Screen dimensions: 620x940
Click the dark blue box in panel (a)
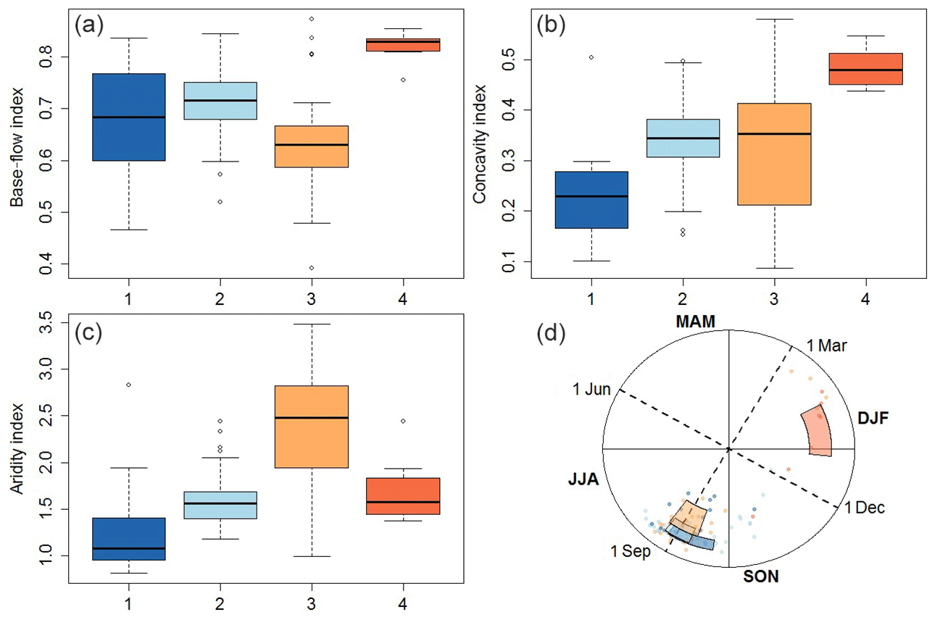(129, 117)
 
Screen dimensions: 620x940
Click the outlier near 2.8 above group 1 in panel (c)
(128, 385)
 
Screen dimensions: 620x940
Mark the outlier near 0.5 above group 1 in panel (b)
(591, 56)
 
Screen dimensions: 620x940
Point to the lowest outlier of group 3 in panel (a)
(312, 267)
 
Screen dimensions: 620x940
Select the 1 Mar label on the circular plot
(828, 345)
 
